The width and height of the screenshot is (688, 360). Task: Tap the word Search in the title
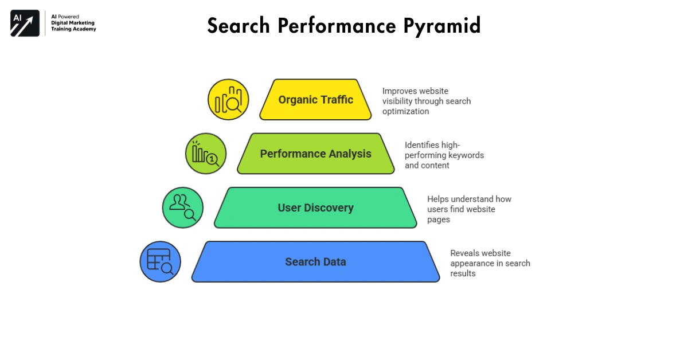pyautogui.click(x=237, y=26)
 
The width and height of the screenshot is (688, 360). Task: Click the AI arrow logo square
pyautogui.click(x=25, y=24)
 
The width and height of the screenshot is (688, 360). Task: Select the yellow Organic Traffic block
pyautogui.click(x=315, y=100)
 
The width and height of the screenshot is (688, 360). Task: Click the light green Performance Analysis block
pyautogui.click(x=315, y=154)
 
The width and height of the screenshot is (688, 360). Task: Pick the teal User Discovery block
pyautogui.click(x=315, y=208)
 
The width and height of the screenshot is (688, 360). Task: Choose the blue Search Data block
pyautogui.click(x=315, y=261)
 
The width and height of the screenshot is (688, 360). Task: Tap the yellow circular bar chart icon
pyautogui.click(x=228, y=100)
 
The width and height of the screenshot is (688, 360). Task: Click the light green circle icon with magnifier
pyautogui.click(x=205, y=154)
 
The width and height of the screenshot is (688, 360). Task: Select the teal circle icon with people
pyautogui.click(x=183, y=208)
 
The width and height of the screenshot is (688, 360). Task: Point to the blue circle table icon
pyautogui.click(x=161, y=261)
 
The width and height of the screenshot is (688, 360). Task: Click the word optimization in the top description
pyautogui.click(x=406, y=111)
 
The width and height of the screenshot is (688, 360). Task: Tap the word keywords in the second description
pyautogui.click(x=467, y=155)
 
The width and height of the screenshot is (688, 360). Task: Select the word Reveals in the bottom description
pyautogui.click(x=465, y=253)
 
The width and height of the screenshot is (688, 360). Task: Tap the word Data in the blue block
pyautogui.click(x=334, y=262)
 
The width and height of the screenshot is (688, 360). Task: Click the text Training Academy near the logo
pyautogui.click(x=73, y=29)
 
